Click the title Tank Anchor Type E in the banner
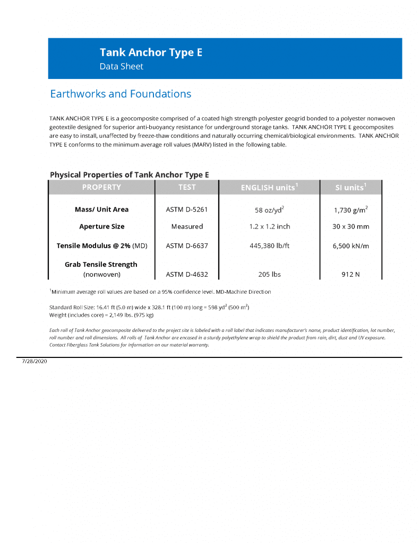[x=151, y=52]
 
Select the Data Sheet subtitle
[x=121, y=66]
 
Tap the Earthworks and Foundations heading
[x=121, y=94]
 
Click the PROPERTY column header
[x=101, y=187]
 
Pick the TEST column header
[x=187, y=187]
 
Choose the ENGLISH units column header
[x=269, y=187]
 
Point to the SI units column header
[x=350, y=187]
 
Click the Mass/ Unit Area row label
[x=101, y=209]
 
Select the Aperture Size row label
[x=101, y=226]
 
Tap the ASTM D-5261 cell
[x=187, y=209]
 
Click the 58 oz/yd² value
[x=269, y=209]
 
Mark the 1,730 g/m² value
[x=350, y=209]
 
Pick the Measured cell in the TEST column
[x=187, y=226]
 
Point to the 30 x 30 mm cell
[x=350, y=226]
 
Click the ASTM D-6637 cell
[x=187, y=246]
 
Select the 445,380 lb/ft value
[x=269, y=246]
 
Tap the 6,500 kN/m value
[x=350, y=246]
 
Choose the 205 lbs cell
[x=269, y=274]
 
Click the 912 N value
[x=350, y=274]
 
